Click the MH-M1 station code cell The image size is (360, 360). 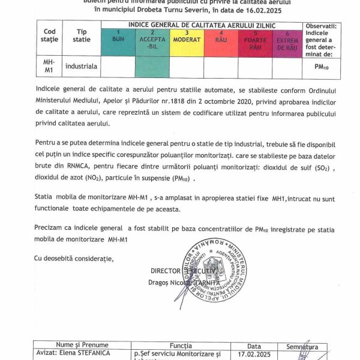point(50,67)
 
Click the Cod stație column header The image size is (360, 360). point(50,35)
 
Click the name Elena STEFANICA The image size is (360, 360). point(66,353)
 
